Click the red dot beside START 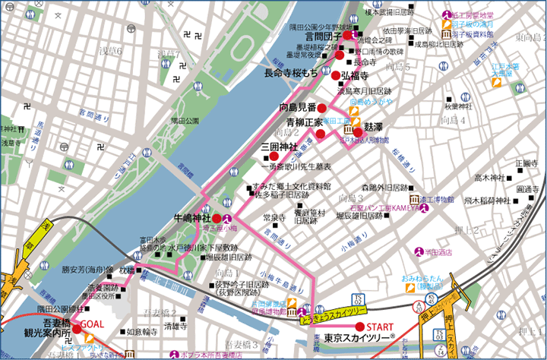(359, 327)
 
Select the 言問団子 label (323, 35)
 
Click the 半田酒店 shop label (438, 251)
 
